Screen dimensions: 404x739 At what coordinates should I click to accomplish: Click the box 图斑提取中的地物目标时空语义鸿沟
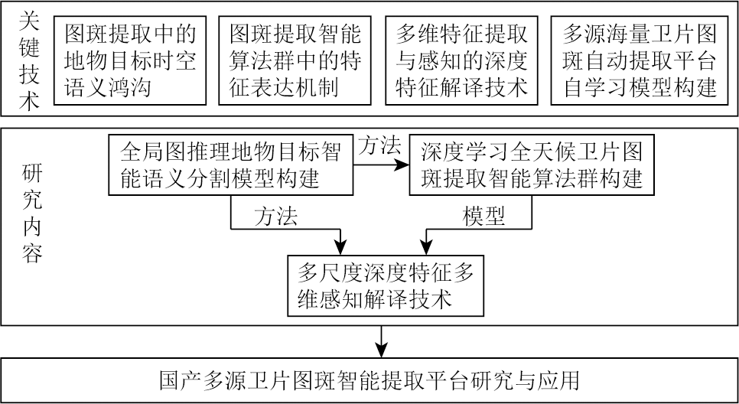130,60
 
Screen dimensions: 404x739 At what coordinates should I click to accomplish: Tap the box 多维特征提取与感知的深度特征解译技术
461,60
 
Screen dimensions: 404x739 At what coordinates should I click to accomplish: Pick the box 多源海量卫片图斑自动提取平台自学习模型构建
639,60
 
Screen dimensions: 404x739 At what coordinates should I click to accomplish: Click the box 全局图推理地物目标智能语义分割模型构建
230,166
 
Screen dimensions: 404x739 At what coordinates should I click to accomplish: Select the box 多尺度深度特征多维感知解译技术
386,284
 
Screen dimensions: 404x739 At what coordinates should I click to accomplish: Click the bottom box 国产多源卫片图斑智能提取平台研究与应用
369,380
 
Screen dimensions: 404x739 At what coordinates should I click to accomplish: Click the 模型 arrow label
483,217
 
